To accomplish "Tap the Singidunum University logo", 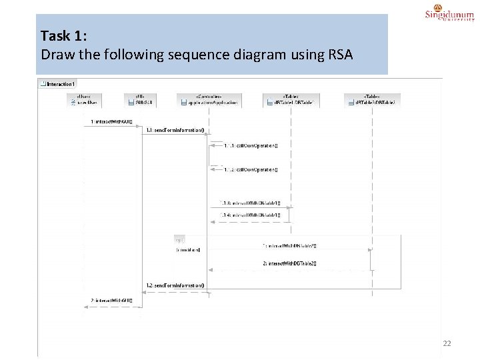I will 450,15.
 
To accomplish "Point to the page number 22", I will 447,343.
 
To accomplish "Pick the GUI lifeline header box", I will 141,100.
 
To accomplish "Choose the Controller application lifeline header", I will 209,100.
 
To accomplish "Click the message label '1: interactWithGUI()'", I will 111,122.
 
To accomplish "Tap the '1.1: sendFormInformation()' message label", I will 175,130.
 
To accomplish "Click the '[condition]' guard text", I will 189,249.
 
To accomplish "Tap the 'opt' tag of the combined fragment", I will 179,239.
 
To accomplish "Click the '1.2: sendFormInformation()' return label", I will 175,285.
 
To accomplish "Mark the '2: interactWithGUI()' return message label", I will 111,301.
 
